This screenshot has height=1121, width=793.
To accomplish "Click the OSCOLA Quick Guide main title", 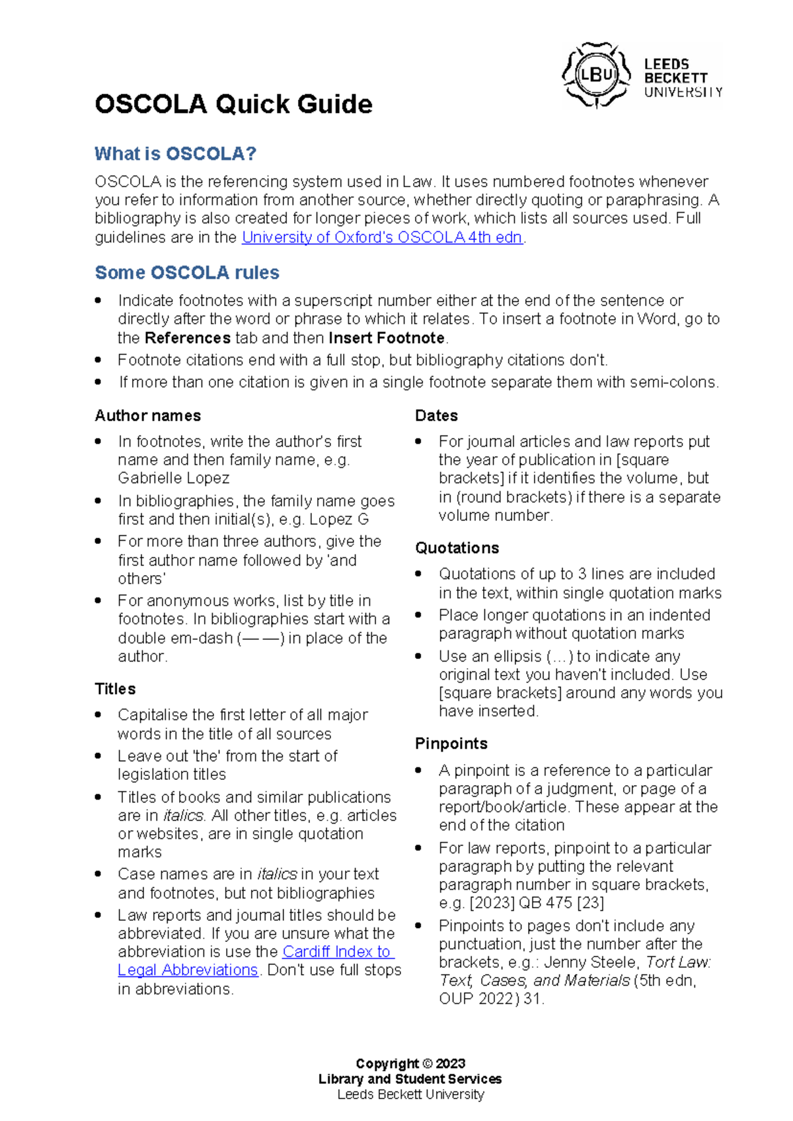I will click(x=233, y=104).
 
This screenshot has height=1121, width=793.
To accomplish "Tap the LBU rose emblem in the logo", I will click(x=596, y=75).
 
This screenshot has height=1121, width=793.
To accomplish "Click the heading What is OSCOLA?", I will click(x=175, y=154).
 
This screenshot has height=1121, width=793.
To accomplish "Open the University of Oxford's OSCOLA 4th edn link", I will click(x=382, y=237).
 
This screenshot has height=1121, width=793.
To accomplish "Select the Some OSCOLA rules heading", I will click(x=187, y=272).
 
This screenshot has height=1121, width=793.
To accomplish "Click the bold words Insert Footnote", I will click(x=387, y=338).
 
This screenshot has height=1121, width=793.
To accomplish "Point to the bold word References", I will click(x=187, y=338).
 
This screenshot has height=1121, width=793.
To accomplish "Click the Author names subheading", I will click(x=147, y=416).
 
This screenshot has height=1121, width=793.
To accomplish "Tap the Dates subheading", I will click(x=436, y=416).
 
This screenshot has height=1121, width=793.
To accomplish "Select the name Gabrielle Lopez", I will click(x=174, y=478).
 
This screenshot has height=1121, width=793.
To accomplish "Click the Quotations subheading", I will click(x=457, y=548).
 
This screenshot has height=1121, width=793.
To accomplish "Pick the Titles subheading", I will click(x=115, y=689).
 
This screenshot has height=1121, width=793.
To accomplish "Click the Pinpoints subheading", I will click(x=451, y=744).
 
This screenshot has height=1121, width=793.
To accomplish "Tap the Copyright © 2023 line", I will click(x=410, y=1063).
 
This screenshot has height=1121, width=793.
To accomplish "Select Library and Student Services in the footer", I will click(x=410, y=1079).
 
